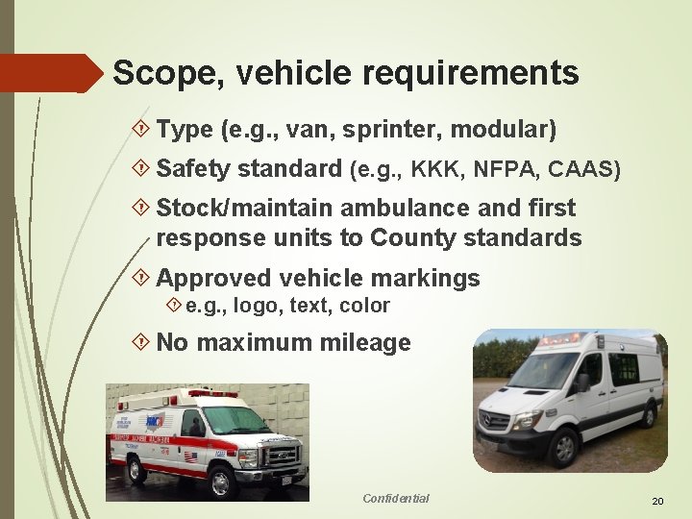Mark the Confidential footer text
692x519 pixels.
[396, 498]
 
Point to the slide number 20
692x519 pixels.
[657, 502]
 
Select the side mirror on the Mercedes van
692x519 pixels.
[584, 383]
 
